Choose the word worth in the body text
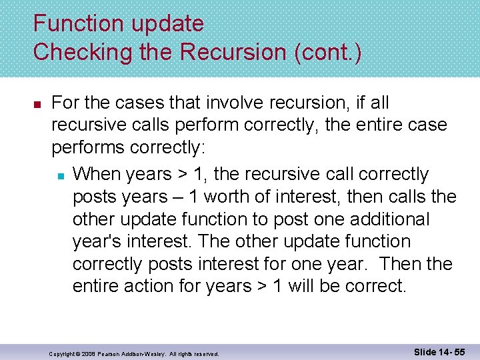point(245,198)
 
